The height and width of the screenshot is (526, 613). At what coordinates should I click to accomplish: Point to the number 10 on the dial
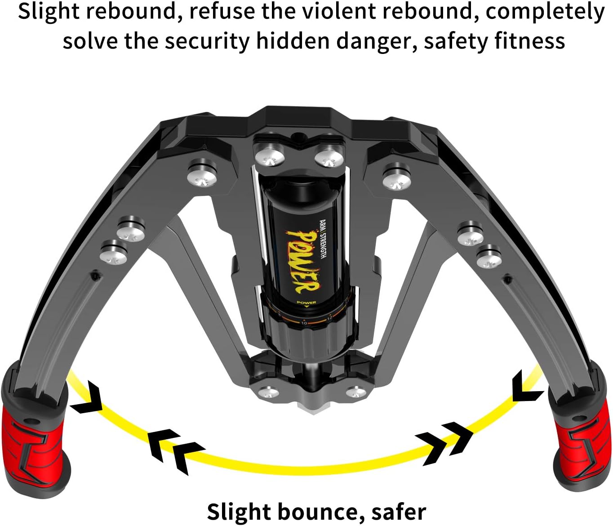pyautogui.click(x=304, y=323)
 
